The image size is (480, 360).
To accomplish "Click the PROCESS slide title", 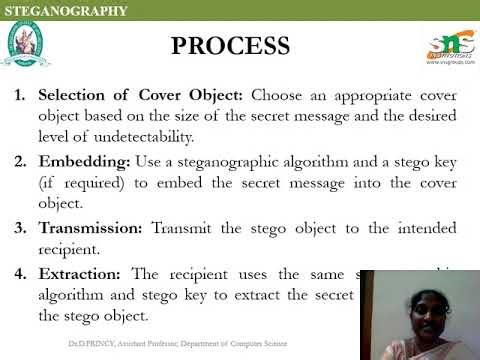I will pyautogui.click(x=230, y=46).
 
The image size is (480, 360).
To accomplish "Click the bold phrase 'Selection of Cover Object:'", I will pyautogui.click(x=141, y=96).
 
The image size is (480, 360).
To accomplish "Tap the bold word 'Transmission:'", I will pyautogui.click(x=90, y=227).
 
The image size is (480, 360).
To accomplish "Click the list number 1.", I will pyautogui.click(x=19, y=96).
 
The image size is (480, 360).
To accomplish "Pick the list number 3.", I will pyautogui.click(x=19, y=227).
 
